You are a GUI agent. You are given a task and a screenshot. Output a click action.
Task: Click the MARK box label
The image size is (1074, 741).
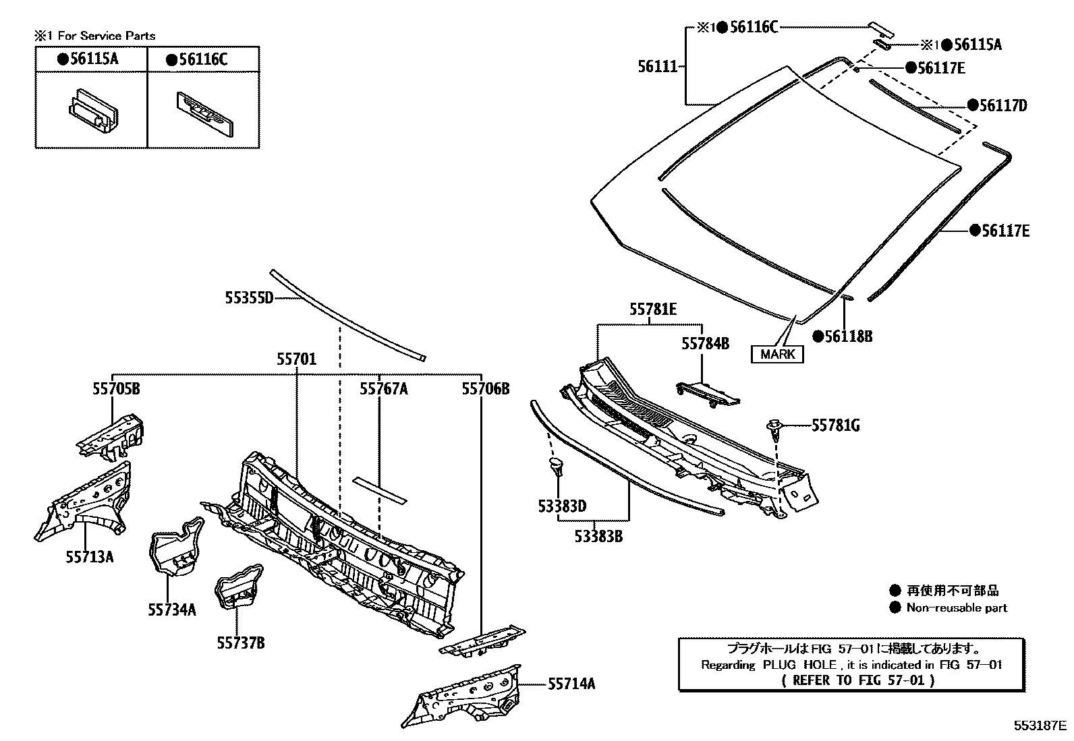[x=777, y=354]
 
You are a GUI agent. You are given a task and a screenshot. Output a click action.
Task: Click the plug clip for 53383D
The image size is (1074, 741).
[x=555, y=466]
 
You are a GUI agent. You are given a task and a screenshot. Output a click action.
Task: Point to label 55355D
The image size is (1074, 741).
[x=248, y=297]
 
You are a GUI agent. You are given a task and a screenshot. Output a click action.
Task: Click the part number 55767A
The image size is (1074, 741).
[x=383, y=389]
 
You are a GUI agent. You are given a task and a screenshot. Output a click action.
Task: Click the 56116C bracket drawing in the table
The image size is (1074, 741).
[x=204, y=111]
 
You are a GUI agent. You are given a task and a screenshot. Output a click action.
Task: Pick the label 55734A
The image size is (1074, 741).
[x=172, y=610]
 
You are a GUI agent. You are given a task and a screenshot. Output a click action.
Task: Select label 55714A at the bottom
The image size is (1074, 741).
[x=571, y=684]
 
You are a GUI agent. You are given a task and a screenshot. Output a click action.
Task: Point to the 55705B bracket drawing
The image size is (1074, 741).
[x=111, y=437]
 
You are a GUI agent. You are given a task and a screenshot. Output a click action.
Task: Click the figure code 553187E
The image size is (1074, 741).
[x=1040, y=725]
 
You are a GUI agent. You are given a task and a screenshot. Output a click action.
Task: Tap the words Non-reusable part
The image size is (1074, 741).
[x=956, y=607]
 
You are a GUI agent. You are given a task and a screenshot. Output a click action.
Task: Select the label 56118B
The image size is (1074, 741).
[x=848, y=336]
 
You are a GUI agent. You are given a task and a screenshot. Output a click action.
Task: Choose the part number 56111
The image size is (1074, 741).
[x=658, y=66]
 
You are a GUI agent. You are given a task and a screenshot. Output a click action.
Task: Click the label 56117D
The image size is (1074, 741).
[x=1003, y=105]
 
